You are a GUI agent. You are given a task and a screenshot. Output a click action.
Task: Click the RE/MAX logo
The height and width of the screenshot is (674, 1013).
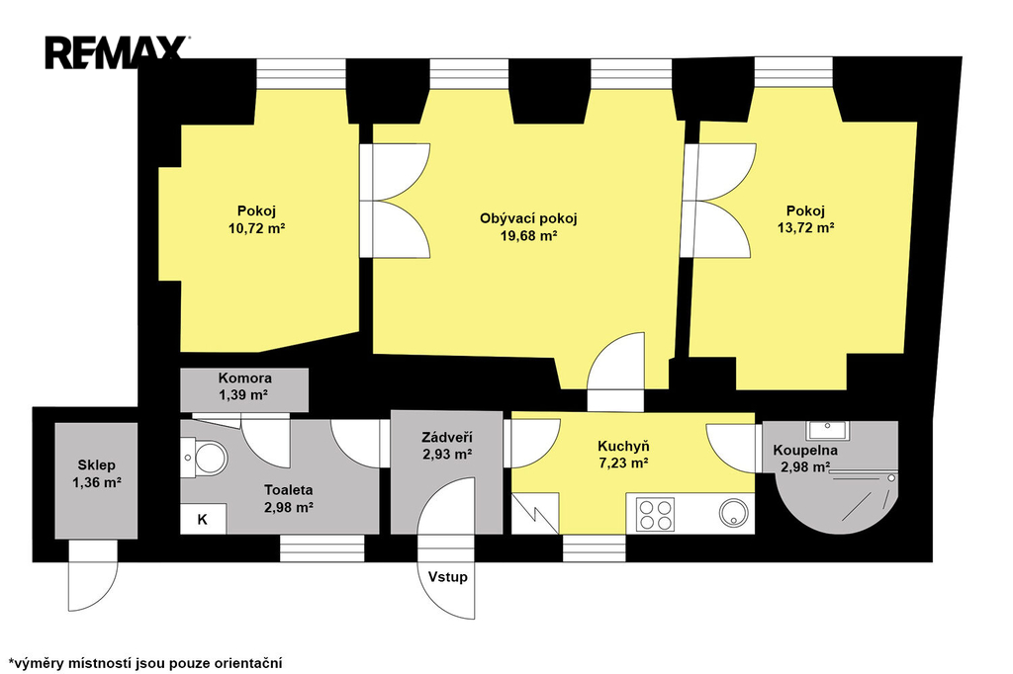pos(117,52)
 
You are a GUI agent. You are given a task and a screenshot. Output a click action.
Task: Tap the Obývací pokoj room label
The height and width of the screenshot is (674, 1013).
pos(528,218)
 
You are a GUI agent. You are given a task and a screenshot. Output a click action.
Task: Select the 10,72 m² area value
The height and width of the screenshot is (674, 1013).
pos(257,228)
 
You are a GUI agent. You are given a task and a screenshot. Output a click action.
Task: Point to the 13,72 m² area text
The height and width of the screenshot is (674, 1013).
pos(805,228)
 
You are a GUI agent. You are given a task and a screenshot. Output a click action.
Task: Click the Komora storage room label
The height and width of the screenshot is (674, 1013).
pos(245,379)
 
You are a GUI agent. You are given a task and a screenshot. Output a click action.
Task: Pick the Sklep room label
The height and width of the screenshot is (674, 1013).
pos(97,464)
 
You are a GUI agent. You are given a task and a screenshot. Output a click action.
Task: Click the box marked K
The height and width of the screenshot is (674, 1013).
pos(203,519)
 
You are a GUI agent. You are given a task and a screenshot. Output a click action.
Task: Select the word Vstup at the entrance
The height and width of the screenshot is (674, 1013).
pos(448,576)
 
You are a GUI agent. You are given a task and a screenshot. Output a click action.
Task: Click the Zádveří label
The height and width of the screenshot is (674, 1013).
pos(447,438)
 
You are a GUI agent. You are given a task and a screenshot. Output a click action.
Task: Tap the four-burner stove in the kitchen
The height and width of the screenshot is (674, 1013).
pos(655,515)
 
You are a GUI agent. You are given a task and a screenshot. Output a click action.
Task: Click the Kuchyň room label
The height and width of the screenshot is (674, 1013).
pos(623,446)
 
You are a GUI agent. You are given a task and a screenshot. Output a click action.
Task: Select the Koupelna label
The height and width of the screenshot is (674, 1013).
pos(805,450)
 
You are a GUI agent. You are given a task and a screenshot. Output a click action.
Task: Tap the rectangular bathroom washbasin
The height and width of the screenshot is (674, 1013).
pos(827,429)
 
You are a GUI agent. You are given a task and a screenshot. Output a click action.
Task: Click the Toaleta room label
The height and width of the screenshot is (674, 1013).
pos(289,490)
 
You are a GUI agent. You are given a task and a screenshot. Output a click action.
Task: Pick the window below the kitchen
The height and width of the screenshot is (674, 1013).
pos(595,548)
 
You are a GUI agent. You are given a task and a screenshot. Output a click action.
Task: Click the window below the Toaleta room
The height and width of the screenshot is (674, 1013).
pos(322,548)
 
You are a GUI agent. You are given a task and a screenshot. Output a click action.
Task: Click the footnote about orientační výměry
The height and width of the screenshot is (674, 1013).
pos(145,663)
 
